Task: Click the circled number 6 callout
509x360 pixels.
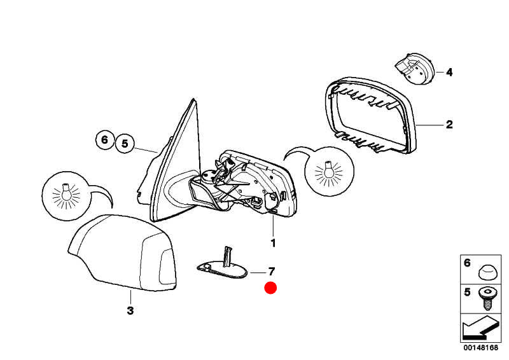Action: coord(104,140)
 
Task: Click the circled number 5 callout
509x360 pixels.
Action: coord(125,143)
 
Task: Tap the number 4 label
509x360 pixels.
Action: coord(449,72)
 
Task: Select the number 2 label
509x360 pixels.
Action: coord(449,124)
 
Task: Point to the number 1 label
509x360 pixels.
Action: coord(273,243)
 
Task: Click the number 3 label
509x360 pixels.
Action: coord(130,310)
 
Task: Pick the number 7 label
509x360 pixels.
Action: coord(272,271)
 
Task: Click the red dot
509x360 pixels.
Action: coord(270,288)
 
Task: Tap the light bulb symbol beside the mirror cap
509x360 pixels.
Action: coord(66,196)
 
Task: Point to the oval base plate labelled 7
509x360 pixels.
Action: coord(222,270)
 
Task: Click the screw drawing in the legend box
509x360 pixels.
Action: coord(486,298)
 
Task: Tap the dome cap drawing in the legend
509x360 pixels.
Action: coord(486,272)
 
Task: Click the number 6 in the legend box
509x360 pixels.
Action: coord(467,263)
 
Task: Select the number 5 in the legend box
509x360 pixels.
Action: coord(467,292)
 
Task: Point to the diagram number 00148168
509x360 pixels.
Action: coord(481,348)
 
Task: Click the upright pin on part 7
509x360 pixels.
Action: coord(227,256)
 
